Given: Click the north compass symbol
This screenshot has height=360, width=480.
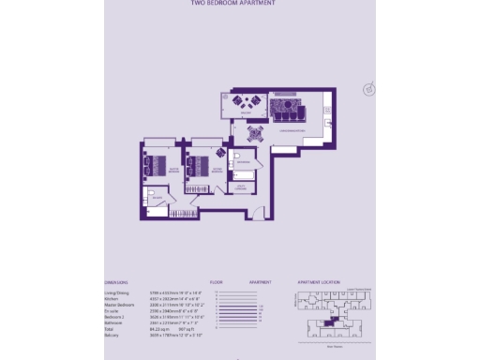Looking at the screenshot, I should pos(369,89).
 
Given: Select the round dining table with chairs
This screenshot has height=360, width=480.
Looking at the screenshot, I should pos(255,132).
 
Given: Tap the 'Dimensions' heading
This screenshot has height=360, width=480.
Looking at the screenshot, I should pos(116,282).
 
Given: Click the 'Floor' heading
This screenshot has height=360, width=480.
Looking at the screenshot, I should pos(216,282).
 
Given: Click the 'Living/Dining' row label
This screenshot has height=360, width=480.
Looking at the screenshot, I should pos(119,292).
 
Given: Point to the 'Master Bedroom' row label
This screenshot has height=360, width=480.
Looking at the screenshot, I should pos(120,306).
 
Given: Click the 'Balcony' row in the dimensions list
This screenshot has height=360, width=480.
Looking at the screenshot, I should pos(112,336).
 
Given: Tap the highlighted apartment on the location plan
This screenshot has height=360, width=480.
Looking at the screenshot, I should pos(334,322).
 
